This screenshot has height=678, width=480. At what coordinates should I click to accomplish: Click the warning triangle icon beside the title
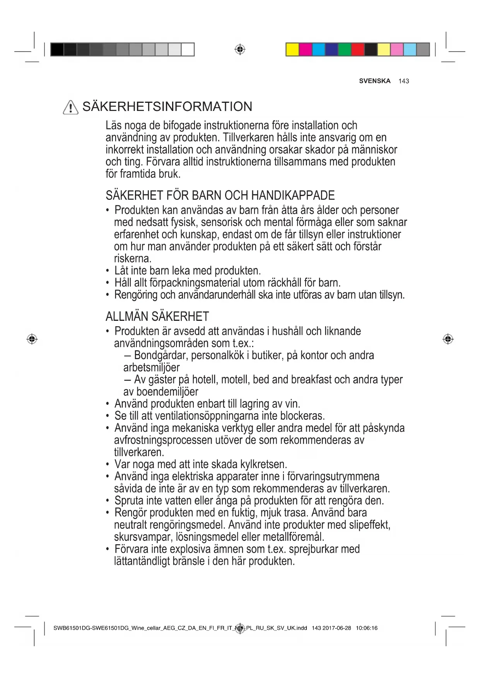70,107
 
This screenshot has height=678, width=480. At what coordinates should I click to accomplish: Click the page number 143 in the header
403,81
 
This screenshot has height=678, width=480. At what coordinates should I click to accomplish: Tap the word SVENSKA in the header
374,81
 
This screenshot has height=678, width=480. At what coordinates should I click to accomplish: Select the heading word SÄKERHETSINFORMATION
167,107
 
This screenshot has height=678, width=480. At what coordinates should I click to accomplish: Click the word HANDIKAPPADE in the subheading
293,195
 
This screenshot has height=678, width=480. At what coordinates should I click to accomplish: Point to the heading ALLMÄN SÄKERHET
157,317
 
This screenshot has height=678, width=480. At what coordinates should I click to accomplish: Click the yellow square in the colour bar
292,49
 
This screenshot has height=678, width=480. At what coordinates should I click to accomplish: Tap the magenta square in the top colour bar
306,49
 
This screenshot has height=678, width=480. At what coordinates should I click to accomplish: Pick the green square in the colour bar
345,49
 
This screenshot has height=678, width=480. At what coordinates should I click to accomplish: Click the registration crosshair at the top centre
240,49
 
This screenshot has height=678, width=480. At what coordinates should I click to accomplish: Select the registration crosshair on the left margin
32,339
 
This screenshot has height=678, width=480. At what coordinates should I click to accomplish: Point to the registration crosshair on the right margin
448,339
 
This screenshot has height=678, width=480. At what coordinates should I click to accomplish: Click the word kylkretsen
263,464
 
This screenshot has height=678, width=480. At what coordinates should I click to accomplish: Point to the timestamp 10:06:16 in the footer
366,628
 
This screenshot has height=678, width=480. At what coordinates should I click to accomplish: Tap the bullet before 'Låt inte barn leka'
108,271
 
